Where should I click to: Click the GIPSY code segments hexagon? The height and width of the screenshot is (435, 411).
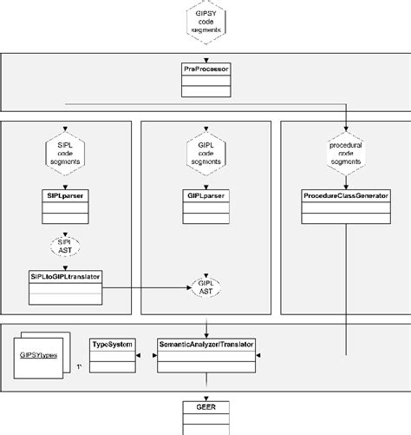pos(206,22)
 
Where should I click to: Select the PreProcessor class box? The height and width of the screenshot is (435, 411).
pos(206,77)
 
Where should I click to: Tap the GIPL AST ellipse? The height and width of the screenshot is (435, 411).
pos(206,285)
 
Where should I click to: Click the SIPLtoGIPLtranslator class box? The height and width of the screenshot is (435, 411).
pos(66,285)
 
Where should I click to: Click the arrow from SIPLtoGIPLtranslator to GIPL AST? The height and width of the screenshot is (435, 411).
pos(147,285)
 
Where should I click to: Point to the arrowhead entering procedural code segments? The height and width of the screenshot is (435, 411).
pos(345,129)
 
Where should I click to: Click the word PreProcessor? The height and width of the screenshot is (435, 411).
pos(206,66)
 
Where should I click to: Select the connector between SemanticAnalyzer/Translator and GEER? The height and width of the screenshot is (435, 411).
pos(206,388)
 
